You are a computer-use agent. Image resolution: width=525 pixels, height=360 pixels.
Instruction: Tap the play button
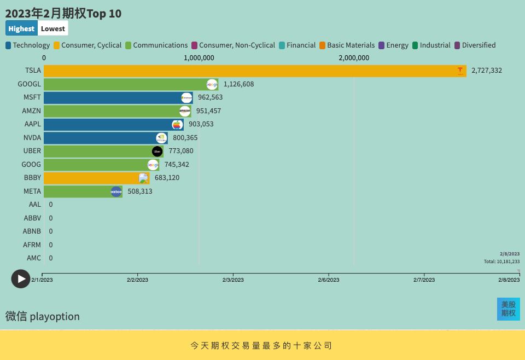[x=21, y=278]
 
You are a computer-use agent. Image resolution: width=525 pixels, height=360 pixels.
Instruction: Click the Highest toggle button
[x=21, y=28]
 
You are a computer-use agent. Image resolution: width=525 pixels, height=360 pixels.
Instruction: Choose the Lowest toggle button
[x=52, y=28]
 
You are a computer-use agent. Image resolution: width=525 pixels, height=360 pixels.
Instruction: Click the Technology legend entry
[x=28, y=45]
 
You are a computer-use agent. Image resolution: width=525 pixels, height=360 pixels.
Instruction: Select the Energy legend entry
[x=393, y=45]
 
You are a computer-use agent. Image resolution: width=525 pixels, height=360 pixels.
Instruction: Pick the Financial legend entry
[x=297, y=45]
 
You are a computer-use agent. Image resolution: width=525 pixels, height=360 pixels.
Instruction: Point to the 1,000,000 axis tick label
[x=199, y=58]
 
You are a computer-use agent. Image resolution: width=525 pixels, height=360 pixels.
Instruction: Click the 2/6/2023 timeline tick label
[x=329, y=280]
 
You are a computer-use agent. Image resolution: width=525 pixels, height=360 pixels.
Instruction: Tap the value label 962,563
[x=210, y=97]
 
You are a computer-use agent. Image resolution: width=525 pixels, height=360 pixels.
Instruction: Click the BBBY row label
[x=32, y=178]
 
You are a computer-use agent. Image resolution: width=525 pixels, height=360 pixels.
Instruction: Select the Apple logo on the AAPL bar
[x=177, y=124]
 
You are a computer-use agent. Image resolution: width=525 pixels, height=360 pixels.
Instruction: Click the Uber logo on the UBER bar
[x=157, y=151]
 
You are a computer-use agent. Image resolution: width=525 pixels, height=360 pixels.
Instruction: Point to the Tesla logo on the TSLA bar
[x=460, y=71]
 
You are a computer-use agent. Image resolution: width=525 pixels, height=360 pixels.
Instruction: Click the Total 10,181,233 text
[x=501, y=262]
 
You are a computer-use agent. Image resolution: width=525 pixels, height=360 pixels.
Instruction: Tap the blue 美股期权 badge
[x=508, y=309]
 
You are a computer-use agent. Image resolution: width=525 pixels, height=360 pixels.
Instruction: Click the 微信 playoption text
[x=43, y=316]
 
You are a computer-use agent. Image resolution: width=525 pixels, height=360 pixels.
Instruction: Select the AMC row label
[x=34, y=258]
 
